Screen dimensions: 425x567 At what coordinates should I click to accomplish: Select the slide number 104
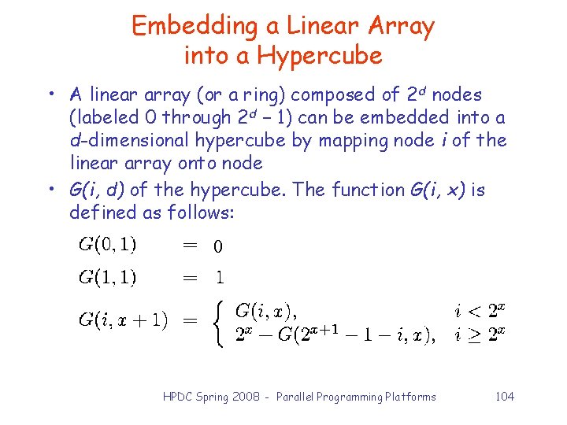click(x=505, y=397)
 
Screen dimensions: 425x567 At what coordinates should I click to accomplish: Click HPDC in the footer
click(x=177, y=397)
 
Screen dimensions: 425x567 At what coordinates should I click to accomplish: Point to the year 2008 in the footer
click(x=251, y=397)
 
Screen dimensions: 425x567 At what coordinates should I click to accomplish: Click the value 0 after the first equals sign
click(x=218, y=247)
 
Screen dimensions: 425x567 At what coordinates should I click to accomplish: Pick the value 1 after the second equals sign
click(x=219, y=277)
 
